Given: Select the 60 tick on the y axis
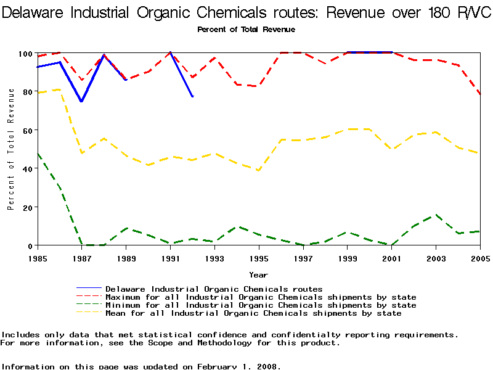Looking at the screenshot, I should [25, 131].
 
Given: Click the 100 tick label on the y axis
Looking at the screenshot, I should [23, 54].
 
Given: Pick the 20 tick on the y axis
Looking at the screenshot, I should [25, 207].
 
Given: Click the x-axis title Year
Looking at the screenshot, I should [258, 274].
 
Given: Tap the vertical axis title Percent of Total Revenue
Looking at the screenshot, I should [11, 149].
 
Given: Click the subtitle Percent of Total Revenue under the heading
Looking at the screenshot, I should [246, 29].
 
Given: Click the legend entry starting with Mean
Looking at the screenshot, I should [253, 313].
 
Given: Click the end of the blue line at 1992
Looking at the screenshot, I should [192, 97].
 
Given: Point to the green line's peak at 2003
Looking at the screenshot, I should [436, 215].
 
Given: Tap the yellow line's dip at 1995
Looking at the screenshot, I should [259, 171].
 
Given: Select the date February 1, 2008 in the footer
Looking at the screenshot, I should [239, 366].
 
